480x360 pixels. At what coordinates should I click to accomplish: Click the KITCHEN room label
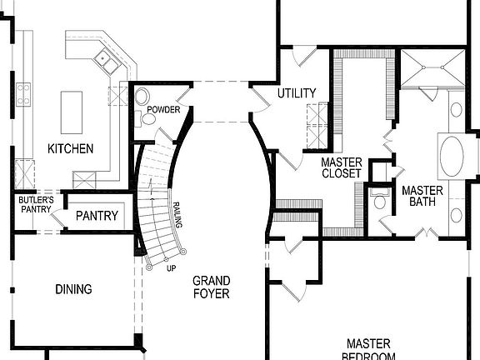pyautogui.click(x=70, y=148)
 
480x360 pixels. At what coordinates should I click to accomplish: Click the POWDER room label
pyautogui.click(x=163, y=110)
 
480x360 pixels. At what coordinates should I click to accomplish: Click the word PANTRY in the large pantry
pyautogui.click(x=97, y=216)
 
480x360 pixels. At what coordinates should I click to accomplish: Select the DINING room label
pyautogui.click(x=73, y=289)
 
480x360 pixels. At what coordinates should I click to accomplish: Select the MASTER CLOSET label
pyautogui.click(x=342, y=167)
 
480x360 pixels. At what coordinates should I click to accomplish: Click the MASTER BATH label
pyautogui.click(x=422, y=196)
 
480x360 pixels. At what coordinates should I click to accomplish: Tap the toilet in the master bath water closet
pyautogui.click(x=379, y=201)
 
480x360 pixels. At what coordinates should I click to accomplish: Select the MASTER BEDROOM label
pyautogui.click(x=371, y=348)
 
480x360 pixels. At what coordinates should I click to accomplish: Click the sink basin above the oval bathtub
pyautogui.click(x=457, y=108)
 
